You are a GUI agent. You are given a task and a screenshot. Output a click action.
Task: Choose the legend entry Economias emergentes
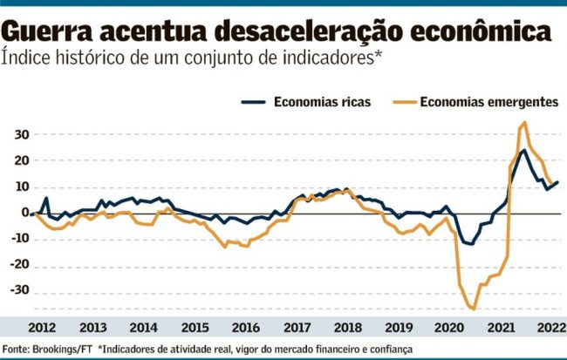click(x=488, y=101)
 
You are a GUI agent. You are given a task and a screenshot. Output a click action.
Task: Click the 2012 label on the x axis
click(x=42, y=328)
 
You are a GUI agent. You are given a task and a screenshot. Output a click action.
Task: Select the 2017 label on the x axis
click(x=297, y=328)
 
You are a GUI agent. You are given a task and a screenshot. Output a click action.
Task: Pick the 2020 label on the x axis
click(x=449, y=328)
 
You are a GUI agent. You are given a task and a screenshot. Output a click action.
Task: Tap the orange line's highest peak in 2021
click(x=524, y=122)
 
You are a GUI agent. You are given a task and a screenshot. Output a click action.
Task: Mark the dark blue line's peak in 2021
click(x=523, y=150)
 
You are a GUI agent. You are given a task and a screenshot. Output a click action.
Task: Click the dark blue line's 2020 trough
click(x=472, y=244)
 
